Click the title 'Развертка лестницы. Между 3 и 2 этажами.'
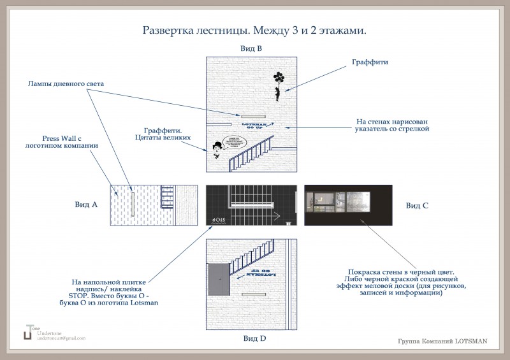[254, 30]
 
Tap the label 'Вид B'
[251, 48]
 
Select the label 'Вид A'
[86, 205]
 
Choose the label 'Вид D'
[254, 338]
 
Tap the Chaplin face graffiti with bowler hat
[217, 150]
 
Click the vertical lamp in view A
[132, 203]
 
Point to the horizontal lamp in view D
[254, 294]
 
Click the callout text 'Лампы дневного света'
[66, 83]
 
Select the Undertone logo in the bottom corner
[28, 333]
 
